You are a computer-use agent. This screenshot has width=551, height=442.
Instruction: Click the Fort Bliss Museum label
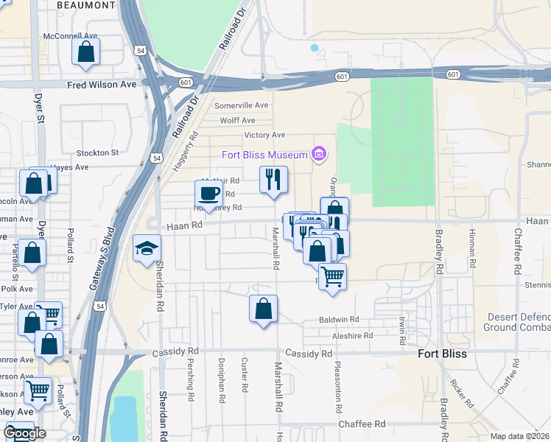pyautogui.click(x=264, y=155)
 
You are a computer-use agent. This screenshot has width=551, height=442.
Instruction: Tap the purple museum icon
pyautogui.click(x=319, y=154)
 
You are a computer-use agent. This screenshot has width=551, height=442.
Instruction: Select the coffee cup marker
pyautogui.click(x=209, y=193)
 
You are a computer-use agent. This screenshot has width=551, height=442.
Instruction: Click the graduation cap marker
pyautogui.click(x=147, y=248)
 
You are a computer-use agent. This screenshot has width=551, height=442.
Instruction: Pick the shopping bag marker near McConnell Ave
pyautogui.click(x=85, y=52)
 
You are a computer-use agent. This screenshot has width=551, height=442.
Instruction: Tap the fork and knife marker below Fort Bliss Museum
pyautogui.click(x=273, y=178)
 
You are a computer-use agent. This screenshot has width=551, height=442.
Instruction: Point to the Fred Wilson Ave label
pyautogui.click(x=102, y=85)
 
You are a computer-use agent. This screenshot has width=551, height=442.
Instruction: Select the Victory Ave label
pyautogui.click(x=264, y=136)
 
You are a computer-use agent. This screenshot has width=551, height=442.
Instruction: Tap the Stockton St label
pyautogui.click(x=97, y=152)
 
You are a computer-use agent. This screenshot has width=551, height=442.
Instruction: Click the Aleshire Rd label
pyautogui.click(x=352, y=335)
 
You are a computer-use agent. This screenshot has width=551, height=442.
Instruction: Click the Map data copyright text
pyautogui.click(x=520, y=436)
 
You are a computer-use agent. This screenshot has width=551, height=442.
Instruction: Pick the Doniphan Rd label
pyautogui.click(x=220, y=380)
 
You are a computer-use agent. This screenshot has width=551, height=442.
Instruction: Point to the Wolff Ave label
pyautogui.click(x=237, y=121)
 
